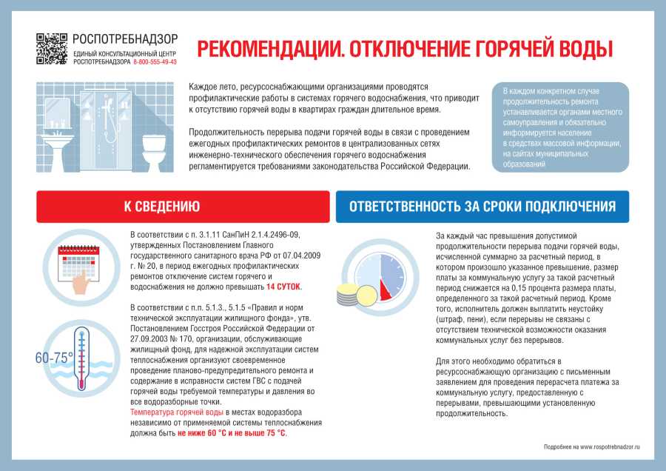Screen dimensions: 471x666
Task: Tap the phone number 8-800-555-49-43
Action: [155, 62]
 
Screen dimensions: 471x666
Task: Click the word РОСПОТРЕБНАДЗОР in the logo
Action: [125, 39]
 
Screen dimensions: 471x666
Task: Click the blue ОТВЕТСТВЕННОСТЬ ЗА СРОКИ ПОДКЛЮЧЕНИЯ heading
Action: [482, 207]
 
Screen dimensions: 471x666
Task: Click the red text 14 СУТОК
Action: [284, 286]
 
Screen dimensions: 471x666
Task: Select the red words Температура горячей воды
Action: [176, 412]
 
